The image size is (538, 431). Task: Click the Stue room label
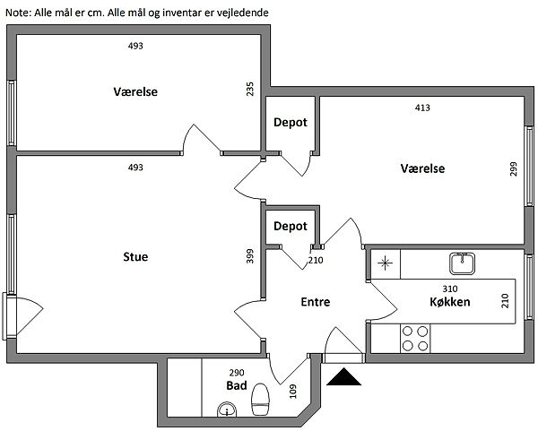coord(135,257)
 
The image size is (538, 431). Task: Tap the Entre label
coord(315,302)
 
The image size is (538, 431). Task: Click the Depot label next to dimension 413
coord(291,122)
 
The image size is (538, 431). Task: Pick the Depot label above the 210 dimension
coord(291,227)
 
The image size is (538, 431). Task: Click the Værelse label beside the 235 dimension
coord(135,92)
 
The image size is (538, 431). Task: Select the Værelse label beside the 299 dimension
coord(422,168)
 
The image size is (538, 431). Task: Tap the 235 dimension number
coord(250,90)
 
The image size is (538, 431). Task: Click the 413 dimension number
coord(422,108)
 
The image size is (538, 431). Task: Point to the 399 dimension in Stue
coord(250,256)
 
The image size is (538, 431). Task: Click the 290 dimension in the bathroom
coord(237,372)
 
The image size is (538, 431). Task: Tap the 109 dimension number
coord(292,392)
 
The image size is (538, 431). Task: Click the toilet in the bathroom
coord(261,400)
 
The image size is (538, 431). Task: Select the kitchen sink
coord(461,263)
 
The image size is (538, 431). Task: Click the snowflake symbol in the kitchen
coord(386,263)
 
